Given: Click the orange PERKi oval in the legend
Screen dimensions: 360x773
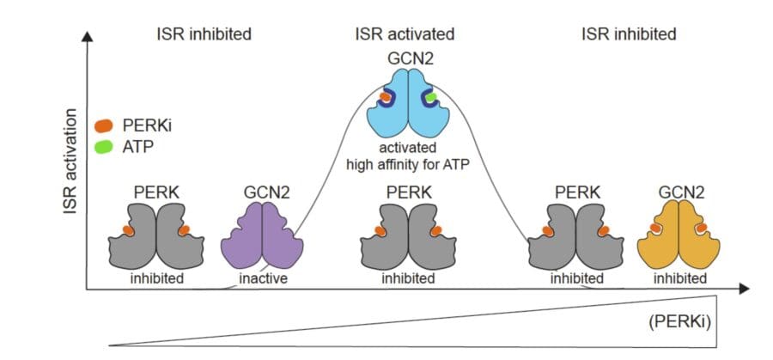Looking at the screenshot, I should coord(103,125).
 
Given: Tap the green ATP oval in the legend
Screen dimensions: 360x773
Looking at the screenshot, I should coord(103,145).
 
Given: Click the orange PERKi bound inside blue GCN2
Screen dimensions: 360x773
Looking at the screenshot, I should coord(386,98).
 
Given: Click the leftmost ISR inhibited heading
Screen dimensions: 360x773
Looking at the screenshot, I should coord(204,34).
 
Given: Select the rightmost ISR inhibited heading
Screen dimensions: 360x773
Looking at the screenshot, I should coord(629,34).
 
